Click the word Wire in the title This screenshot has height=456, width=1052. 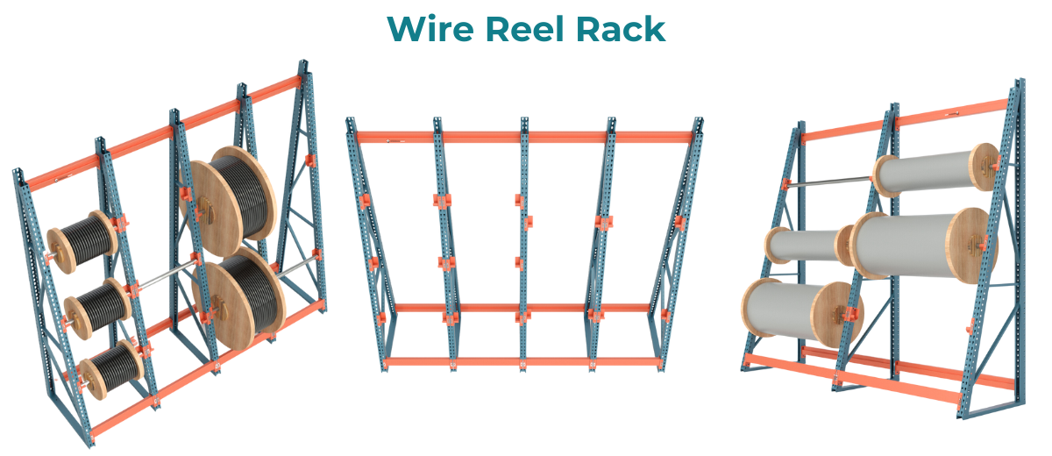pos(431,29)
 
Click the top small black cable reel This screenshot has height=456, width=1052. pos(82,239)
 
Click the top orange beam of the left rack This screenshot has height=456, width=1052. pos(167,132)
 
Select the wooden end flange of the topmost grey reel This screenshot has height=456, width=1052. pos(987,167)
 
